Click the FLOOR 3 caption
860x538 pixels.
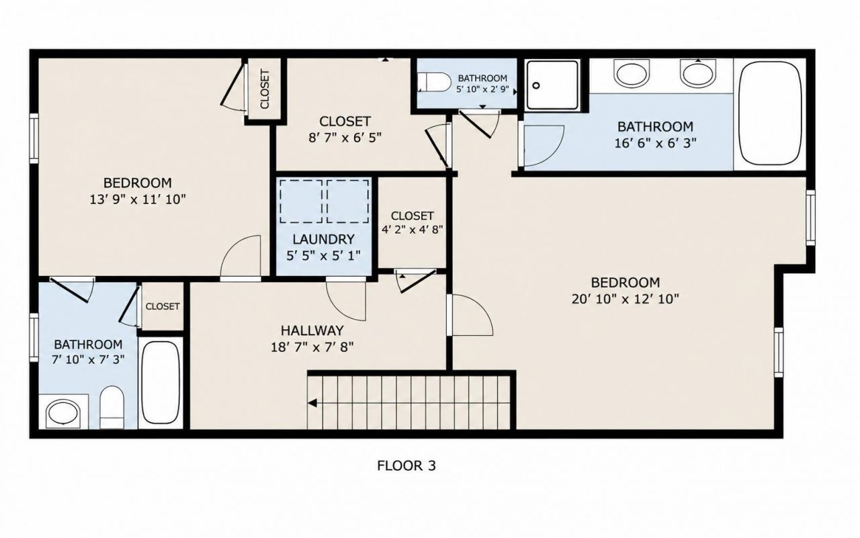406,466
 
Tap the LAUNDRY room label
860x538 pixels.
323,240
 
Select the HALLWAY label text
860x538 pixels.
312,330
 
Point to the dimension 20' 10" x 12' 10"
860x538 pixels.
625,299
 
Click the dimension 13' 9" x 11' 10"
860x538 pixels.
138,199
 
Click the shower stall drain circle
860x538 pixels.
537,85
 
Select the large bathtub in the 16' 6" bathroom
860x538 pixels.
770,114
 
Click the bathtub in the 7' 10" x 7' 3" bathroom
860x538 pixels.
161,383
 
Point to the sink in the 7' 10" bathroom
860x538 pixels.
63,414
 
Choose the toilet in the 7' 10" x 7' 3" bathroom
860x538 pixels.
112,407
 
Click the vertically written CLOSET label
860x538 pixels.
265,89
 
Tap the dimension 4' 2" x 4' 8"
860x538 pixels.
413,230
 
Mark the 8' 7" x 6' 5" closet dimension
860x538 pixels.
345,138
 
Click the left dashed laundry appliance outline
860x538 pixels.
301,201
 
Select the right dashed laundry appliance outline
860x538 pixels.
348,201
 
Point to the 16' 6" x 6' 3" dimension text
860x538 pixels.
655,143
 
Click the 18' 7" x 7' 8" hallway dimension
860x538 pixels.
312,347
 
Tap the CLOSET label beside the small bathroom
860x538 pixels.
163,306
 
